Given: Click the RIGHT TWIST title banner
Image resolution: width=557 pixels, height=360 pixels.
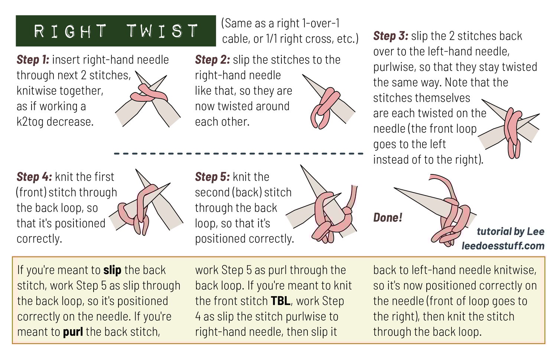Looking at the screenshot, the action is coord(115,31).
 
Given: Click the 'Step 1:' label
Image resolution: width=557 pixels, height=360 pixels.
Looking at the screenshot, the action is coord(33,60).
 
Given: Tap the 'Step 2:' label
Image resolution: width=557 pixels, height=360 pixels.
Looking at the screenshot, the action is coord(212,60).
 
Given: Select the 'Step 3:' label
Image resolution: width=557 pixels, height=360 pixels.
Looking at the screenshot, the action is coord(391,36).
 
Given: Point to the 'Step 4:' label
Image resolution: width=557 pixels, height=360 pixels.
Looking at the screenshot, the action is coord(34,177).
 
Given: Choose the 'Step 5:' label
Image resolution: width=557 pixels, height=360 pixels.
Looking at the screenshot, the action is coord(213,177).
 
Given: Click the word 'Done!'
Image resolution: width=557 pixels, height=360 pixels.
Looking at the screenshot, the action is coord(388,217).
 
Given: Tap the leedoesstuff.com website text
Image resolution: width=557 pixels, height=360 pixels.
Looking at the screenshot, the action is coord(503,246).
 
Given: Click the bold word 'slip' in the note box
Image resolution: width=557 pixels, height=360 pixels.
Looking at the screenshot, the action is coord(113,270).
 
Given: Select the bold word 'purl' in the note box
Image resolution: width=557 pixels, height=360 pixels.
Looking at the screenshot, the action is coord(73,332).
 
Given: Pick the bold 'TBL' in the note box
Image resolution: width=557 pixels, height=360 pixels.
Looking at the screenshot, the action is coord(280,301).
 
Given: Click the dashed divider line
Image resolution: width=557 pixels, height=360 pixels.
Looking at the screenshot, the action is coord(238,154).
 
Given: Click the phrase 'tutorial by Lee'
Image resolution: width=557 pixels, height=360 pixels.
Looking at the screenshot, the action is coord(511,231).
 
